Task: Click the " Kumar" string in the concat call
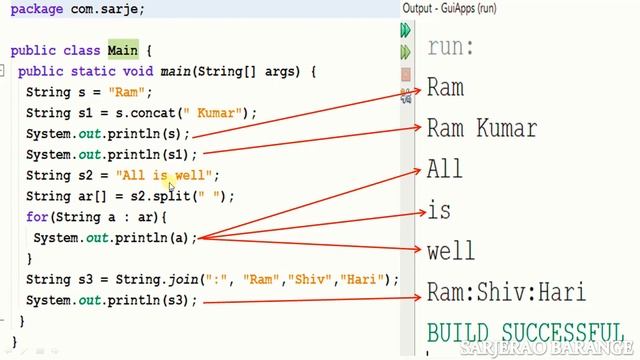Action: (217, 113)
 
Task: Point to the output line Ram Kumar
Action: (481, 128)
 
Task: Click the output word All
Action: (445, 169)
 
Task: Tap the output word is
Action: (439, 210)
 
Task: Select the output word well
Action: (451, 250)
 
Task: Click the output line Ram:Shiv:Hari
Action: (506, 291)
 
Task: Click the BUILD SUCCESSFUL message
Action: (525, 332)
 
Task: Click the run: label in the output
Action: (451, 46)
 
